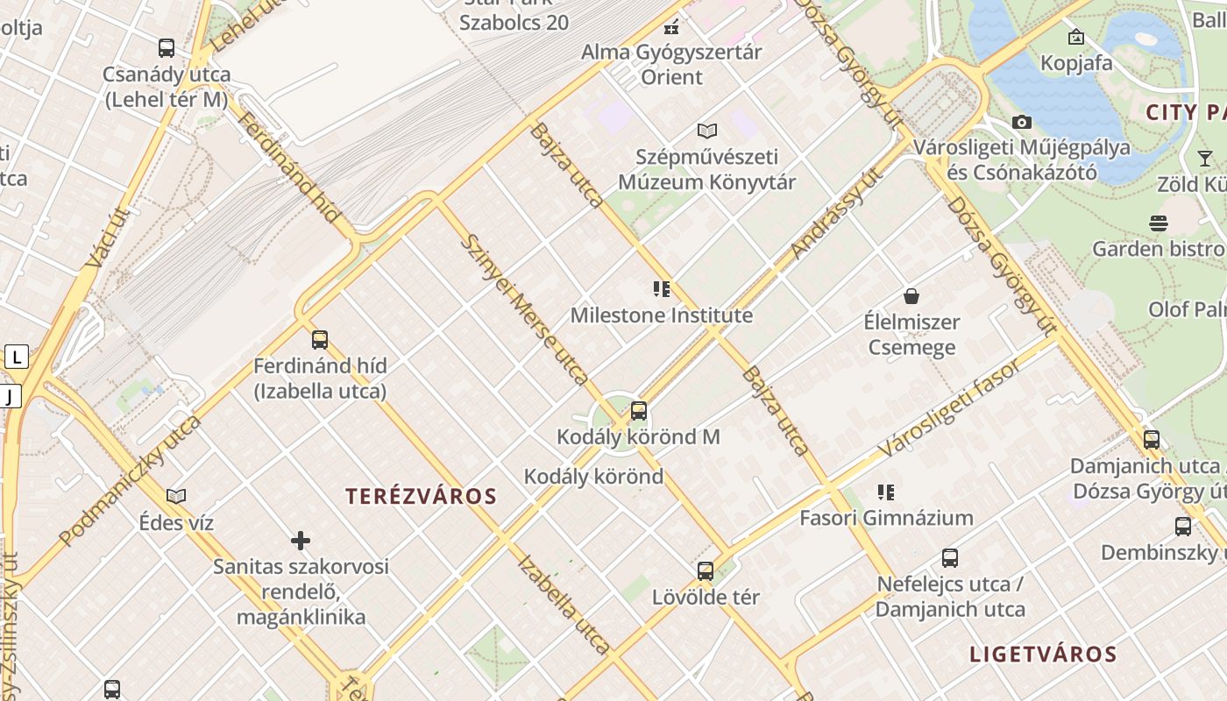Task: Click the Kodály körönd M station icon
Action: tap(639, 410)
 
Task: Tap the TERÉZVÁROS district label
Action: tap(421, 497)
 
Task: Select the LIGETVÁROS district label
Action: tap(1043, 655)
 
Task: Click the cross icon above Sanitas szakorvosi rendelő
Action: tap(301, 541)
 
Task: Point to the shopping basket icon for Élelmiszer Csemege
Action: tap(911, 296)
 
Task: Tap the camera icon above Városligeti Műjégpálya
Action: tap(1022, 123)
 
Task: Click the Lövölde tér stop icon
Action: tap(706, 571)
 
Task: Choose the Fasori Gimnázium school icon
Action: tap(886, 492)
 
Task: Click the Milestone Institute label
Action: tap(662, 315)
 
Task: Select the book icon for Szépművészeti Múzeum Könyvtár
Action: tap(707, 131)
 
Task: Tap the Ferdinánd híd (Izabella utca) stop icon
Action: tap(320, 339)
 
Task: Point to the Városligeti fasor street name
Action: tap(949, 408)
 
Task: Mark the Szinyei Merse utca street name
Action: tap(524, 309)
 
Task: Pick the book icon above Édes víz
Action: tap(176, 497)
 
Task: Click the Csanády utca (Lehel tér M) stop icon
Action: tap(167, 48)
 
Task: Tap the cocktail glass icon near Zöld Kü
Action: tap(1205, 159)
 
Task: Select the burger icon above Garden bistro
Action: tap(1159, 223)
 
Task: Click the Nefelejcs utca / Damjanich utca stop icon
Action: tap(950, 558)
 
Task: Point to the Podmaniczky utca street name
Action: tap(131, 480)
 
